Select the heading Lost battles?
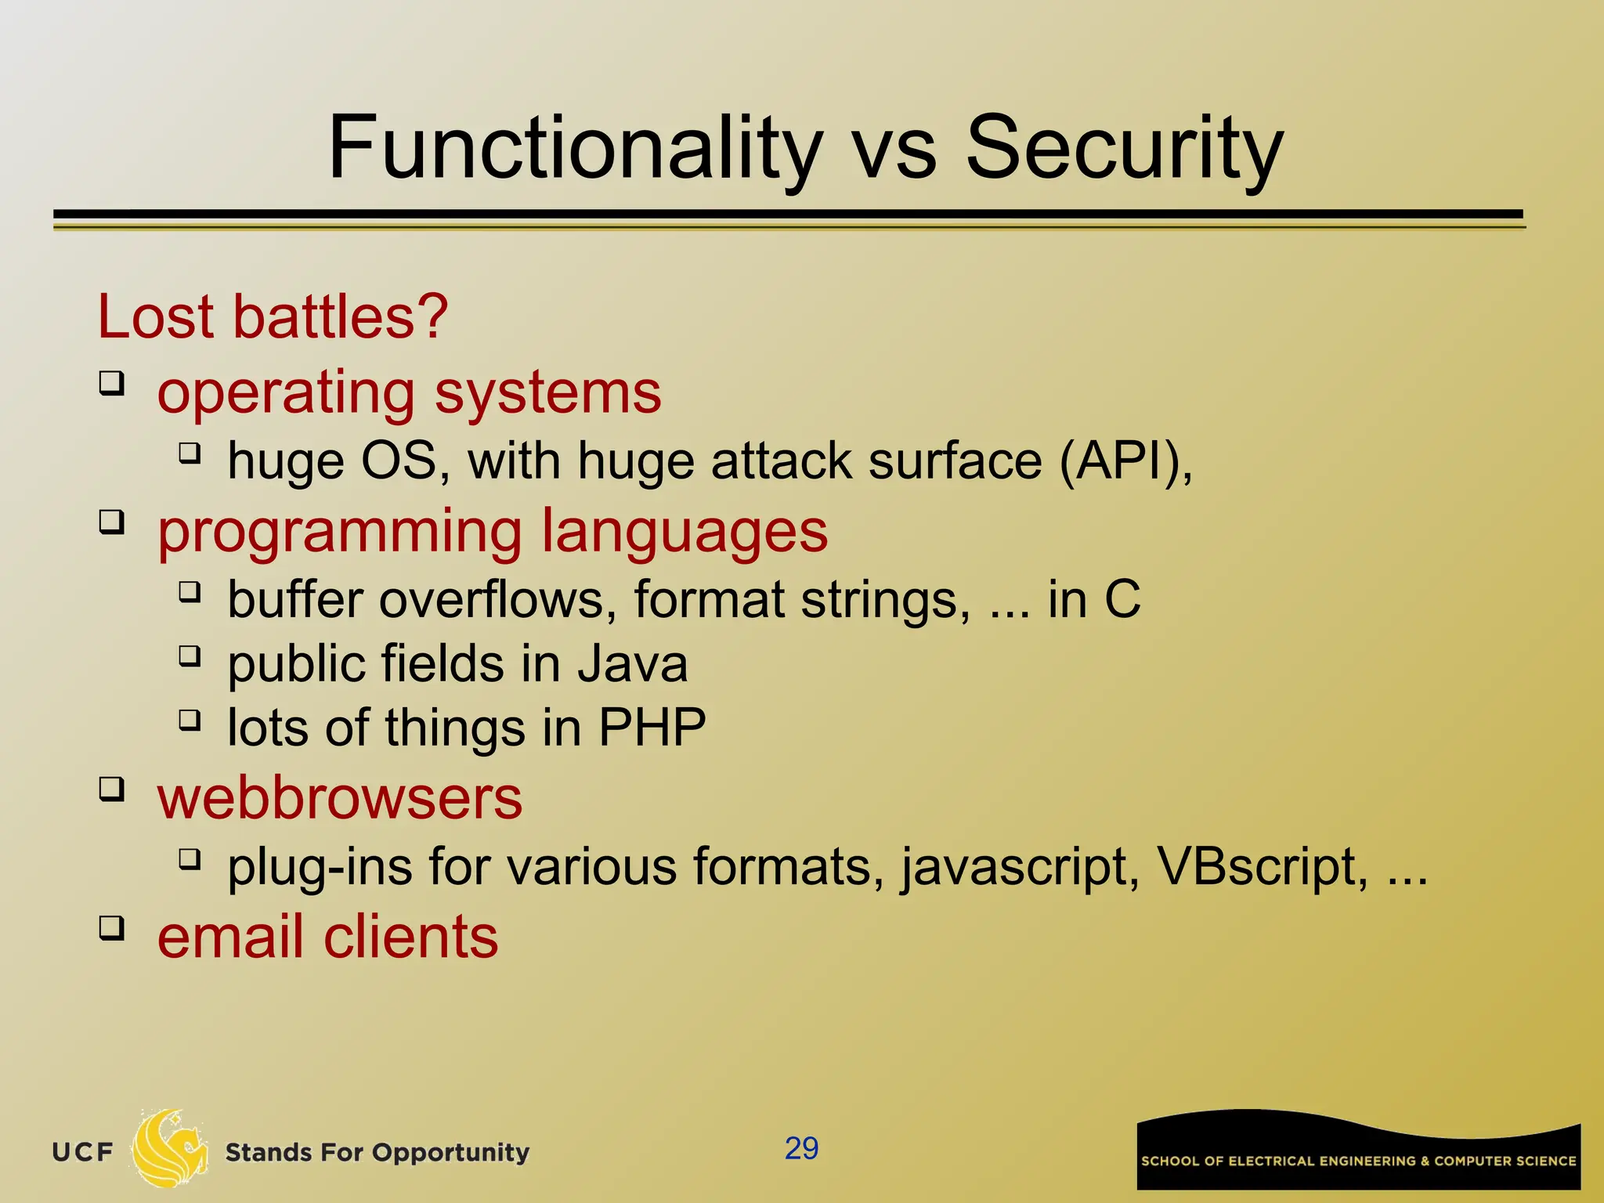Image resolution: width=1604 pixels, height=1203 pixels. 273,317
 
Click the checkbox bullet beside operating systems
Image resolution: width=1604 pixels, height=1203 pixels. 111,384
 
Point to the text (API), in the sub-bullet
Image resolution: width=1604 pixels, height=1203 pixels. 1125,461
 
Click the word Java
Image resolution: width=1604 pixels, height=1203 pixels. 633,664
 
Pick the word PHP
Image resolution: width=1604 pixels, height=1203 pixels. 652,728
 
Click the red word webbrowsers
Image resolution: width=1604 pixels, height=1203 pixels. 340,799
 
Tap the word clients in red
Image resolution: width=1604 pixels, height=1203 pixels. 410,937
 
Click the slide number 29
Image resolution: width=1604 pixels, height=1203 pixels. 801,1148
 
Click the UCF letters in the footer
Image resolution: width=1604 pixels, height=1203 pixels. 83,1152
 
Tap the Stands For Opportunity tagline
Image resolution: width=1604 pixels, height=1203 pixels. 378,1153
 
